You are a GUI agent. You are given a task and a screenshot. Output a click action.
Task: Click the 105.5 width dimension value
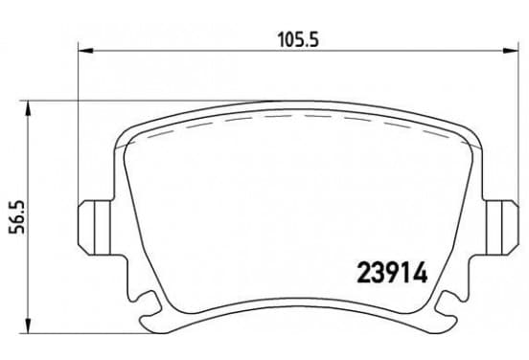[x=298, y=39]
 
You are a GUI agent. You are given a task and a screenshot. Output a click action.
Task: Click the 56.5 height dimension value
[x=17, y=216]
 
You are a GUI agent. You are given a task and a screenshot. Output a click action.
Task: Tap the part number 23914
[x=392, y=273]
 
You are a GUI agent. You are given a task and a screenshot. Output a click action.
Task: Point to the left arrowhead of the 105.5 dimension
[x=85, y=51]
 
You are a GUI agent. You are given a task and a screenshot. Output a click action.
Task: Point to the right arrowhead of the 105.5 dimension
[x=511, y=51]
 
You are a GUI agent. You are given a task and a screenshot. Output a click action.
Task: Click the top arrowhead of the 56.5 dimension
[x=29, y=108]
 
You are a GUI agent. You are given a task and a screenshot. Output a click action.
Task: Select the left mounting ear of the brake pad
[x=95, y=228]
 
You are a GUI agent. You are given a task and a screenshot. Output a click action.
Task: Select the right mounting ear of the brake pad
[x=501, y=228]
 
